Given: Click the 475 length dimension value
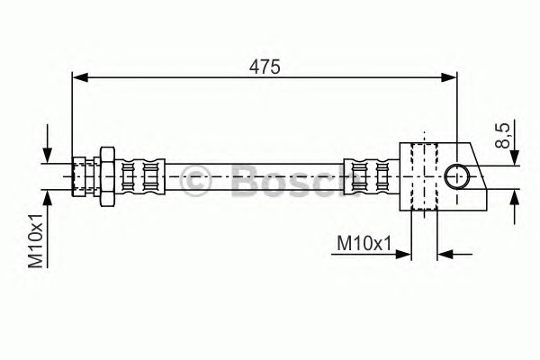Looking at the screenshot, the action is click(x=265, y=67).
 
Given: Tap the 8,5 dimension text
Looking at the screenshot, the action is click(x=502, y=136).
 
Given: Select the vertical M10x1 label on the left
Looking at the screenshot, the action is click(x=35, y=241).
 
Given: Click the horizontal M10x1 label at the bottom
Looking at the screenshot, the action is click(x=364, y=244).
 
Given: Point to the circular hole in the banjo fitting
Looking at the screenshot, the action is click(x=456, y=176).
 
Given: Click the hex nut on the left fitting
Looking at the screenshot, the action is click(x=107, y=176).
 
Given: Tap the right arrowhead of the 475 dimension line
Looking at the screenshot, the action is click(x=449, y=77).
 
